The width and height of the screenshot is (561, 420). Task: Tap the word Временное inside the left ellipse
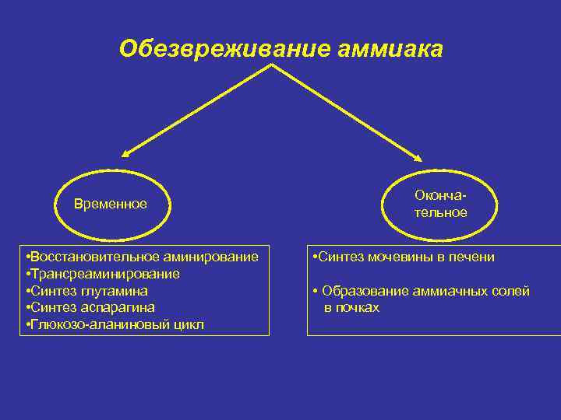(111, 205)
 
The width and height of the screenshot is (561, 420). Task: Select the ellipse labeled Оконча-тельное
(441, 204)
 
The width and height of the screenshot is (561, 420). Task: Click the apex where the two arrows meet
(271, 66)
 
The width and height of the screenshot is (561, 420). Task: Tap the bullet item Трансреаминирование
(104, 274)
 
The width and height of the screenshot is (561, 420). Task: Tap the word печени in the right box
(474, 257)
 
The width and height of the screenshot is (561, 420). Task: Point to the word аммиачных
(439, 291)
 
